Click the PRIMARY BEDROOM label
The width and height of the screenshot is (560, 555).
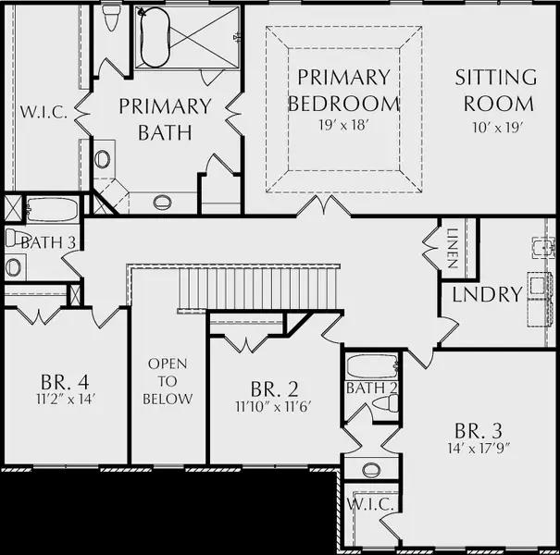tap(343, 91)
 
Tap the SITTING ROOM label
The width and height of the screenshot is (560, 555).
tap(496, 91)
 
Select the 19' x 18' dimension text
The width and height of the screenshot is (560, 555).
tap(343, 125)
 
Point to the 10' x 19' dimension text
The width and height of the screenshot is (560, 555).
tap(498, 128)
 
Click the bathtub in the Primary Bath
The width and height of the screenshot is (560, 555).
tap(155, 37)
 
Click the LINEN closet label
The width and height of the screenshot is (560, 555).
tap(453, 248)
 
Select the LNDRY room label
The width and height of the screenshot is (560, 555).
tap(488, 294)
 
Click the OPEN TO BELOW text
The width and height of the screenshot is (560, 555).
tap(168, 381)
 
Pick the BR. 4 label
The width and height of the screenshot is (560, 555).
tap(65, 382)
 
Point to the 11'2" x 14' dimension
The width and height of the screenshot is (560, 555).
tap(65, 399)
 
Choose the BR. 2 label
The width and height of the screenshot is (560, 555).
tap(274, 389)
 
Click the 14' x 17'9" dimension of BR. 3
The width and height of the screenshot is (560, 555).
tap(479, 448)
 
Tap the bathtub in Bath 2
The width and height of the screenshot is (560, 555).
tap(372, 366)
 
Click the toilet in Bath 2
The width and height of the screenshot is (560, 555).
tap(385, 403)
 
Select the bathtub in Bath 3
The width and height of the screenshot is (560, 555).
tap(52, 210)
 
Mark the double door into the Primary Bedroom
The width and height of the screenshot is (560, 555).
tap(324, 206)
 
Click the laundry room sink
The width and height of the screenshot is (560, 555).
tap(542, 247)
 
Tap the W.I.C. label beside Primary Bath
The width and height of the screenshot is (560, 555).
tap(44, 112)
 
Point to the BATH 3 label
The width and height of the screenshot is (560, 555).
tap(48, 242)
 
